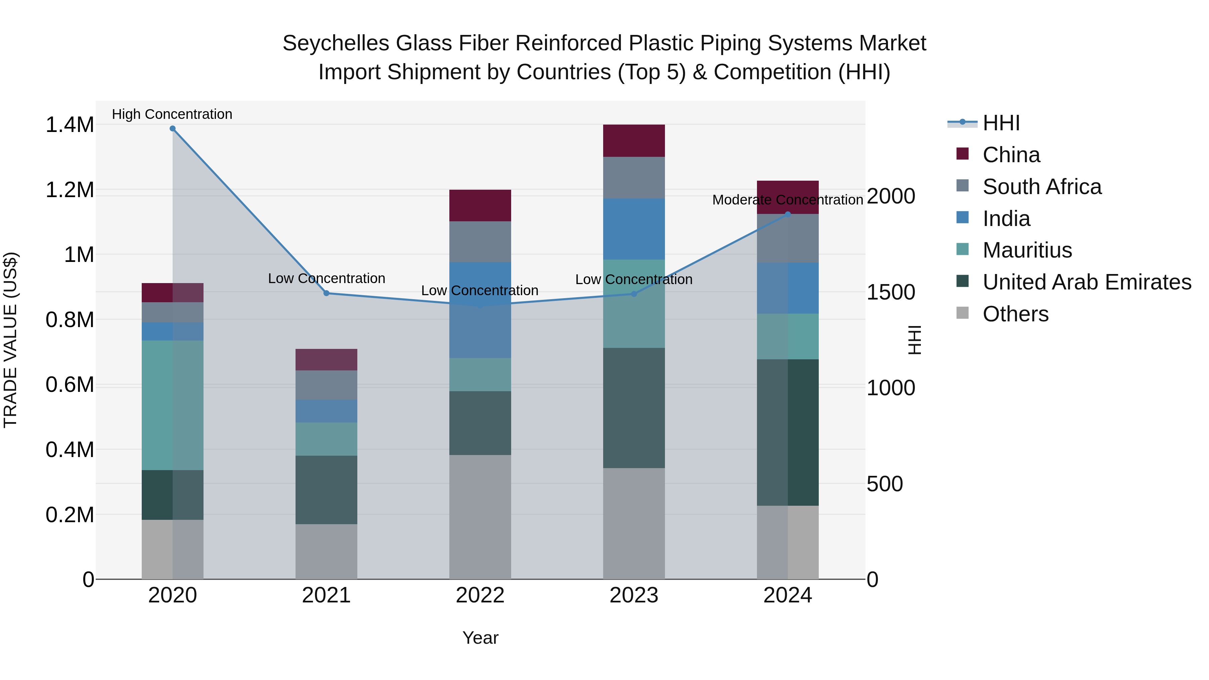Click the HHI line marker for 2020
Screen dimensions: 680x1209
(172, 129)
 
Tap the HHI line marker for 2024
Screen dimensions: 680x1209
(788, 215)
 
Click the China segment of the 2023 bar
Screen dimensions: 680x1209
(634, 141)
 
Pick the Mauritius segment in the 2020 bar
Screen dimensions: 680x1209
(172, 405)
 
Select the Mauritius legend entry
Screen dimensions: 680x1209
(1027, 250)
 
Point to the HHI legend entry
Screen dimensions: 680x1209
(1001, 123)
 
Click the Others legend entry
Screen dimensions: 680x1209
(1015, 314)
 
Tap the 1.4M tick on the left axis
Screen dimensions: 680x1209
(70, 125)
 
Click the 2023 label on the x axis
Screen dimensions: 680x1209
(634, 595)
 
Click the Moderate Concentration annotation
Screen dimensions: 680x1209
(787, 200)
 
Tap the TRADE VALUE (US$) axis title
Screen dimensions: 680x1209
(10, 340)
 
